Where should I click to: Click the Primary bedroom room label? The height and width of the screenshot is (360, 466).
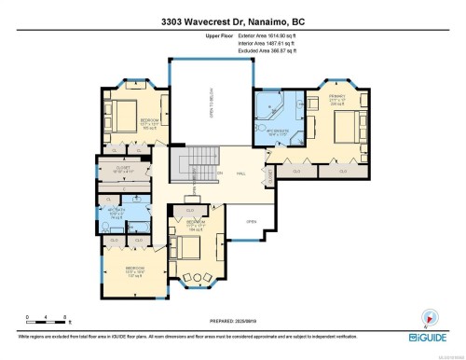pyautogui.click(x=336, y=98)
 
